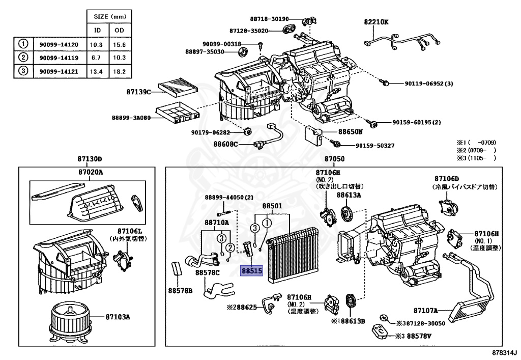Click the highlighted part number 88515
[x=251, y=272]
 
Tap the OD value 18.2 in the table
[x=120, y=71]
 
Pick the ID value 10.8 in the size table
[x=96, y=45]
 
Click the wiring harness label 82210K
[x=376, y=22]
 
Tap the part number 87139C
[x=138, y=92]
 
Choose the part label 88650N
[x=351, y=131]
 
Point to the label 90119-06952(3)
[x=422, y=84]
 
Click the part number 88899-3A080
[x=132, y=118]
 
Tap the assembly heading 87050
[x=334, y=159]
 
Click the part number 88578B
[x=181, y=290]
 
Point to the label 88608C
[x=226, y=144]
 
